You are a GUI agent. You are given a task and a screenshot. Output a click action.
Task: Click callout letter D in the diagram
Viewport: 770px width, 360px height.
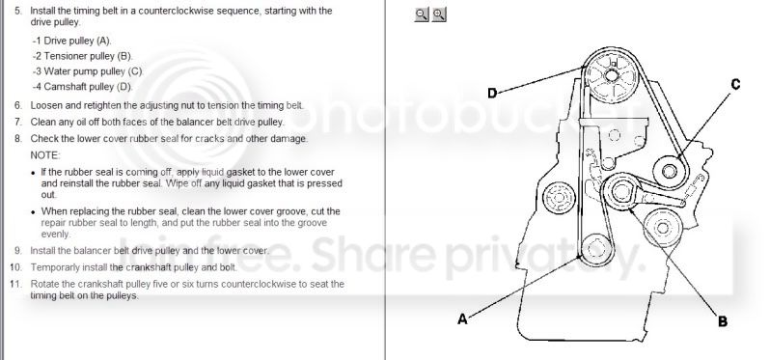point(492,93)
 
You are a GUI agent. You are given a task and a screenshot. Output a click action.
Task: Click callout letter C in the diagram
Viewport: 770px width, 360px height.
point(735,85)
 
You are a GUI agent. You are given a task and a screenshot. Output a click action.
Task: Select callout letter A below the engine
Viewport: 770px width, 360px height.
point(462,319)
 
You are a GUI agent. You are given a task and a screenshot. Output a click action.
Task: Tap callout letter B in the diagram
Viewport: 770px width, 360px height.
point(723,321)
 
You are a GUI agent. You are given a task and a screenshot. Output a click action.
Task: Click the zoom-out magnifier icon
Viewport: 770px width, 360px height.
point(421,14)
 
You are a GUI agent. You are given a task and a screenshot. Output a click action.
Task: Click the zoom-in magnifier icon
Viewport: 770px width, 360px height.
point(439,14)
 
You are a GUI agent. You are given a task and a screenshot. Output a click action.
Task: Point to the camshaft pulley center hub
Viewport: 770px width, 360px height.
point(612,75)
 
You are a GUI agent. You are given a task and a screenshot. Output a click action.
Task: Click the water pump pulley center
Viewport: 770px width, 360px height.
point(669,172)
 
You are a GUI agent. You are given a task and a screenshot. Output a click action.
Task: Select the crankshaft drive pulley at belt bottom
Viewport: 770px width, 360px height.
point(595,248)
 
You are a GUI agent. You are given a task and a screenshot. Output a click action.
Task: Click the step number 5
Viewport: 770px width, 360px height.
point(18,11)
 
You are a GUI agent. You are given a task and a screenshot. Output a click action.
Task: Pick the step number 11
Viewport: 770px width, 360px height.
point(15,284)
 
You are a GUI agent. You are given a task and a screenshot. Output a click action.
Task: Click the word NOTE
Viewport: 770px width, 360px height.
point(45,155)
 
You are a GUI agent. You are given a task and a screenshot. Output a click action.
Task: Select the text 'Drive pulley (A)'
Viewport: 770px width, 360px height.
point(77,41)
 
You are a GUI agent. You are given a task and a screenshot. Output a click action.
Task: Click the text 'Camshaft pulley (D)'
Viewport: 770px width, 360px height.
point(89,87)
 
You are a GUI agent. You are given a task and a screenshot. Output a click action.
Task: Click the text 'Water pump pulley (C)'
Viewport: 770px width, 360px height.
point(94,71)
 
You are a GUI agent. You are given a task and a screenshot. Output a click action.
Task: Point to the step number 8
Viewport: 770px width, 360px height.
point(18,139)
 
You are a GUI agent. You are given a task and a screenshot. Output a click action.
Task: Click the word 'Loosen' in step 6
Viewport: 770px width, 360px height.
point(44,105)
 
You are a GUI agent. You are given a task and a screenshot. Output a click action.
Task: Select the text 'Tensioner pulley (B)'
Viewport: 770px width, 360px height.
point(89,57)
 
